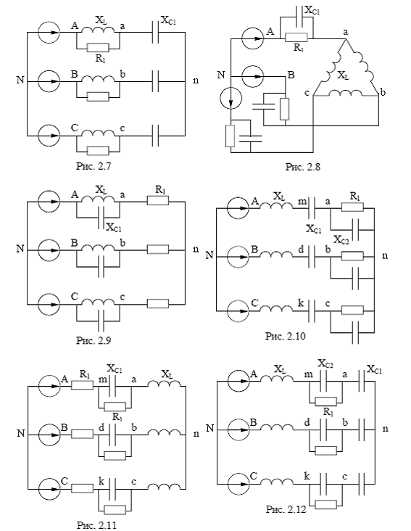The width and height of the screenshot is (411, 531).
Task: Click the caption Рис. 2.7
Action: click(x=94, y=167)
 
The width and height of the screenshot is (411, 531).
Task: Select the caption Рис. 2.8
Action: click(x=303, y=167)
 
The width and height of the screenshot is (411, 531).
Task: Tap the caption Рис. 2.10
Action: click(x=286, y=337)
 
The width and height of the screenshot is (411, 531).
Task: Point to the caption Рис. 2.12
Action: click(x=286, y=509)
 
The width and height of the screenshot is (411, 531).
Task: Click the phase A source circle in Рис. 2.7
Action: click(x=49, y=33)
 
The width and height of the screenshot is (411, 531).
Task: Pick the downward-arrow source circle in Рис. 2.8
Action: click(x=231, y=98)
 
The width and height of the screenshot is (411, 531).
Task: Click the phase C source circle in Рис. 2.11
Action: click(x=50, y=489)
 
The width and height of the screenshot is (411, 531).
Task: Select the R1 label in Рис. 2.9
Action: click(x=161, y=190)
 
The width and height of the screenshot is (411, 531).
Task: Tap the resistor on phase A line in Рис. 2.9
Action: click(x=157, y=201)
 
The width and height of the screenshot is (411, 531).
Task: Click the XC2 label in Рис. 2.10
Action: click(x=341, y=240)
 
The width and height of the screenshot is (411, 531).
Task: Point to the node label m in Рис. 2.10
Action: click(x=302, y=202)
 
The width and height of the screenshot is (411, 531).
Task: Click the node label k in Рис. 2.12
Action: click(x=307, y=476)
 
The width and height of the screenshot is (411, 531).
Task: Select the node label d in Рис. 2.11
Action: click(x=101, y=428)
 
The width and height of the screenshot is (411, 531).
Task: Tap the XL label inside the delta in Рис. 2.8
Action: click(x=343, y=75)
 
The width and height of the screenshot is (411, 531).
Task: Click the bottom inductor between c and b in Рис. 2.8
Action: click(x=345, y=93)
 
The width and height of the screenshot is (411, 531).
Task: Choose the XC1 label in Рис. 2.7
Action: click(x=168, y=21)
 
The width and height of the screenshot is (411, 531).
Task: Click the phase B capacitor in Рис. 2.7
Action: click(x=155, y=81)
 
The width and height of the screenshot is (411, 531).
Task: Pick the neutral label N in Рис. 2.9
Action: click(x=20, y=249)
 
